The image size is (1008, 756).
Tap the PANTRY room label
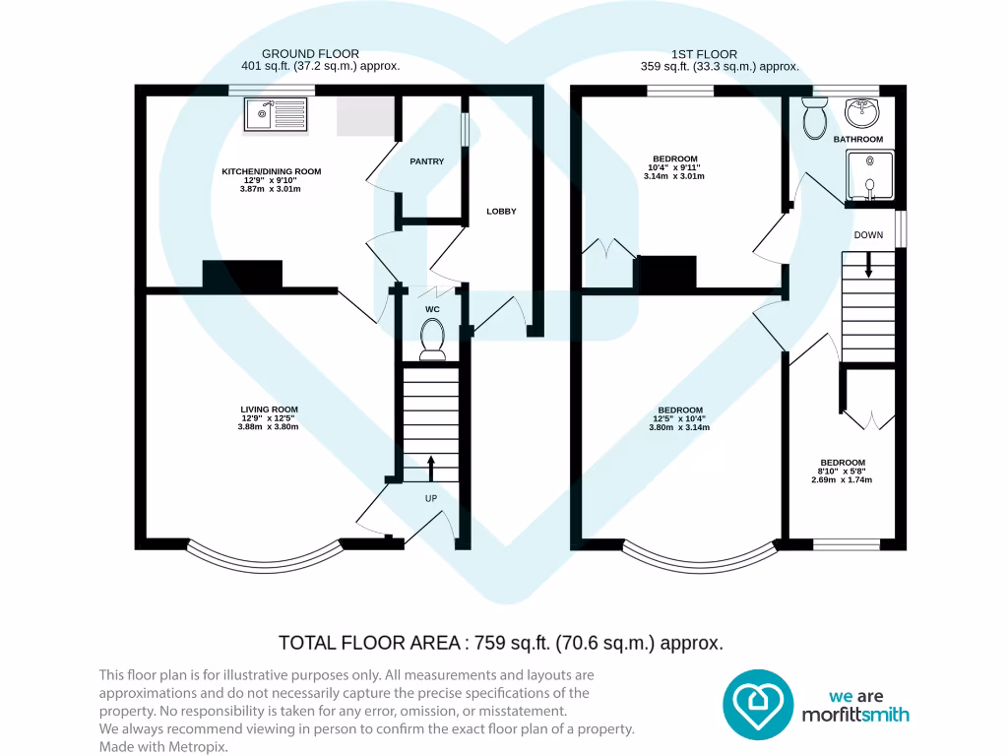[x=427, y=161]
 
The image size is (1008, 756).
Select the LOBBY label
[x=501, y=212]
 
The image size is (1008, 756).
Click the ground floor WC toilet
[x=432, y=340]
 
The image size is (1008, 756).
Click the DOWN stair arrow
[x=868, y=264]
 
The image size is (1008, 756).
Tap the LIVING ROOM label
[x=269, y=409]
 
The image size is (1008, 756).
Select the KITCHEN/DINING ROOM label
[x=271, y=171]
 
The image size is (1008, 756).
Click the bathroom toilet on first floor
[x=815, y=118]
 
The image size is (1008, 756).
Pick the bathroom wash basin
[x=863, y=112]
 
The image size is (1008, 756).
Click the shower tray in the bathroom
[x=869, y=177]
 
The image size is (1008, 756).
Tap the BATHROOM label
[x=858, y=140]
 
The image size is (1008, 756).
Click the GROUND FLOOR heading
[x=310, y=54]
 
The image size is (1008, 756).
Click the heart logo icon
[x=758, y=704]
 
